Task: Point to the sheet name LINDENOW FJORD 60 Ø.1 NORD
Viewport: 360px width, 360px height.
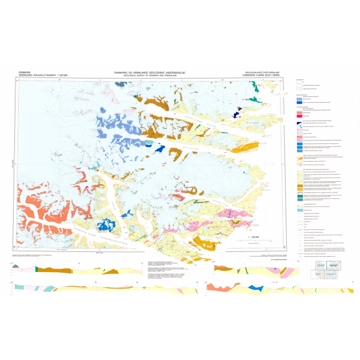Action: coord(263,75)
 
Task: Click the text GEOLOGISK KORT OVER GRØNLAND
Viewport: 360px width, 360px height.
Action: coord(263,71)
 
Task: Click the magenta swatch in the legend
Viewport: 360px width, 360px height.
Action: coord(299,116)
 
